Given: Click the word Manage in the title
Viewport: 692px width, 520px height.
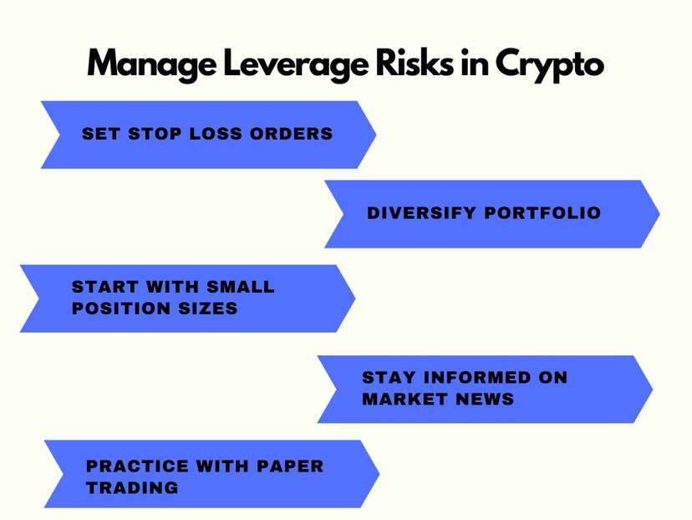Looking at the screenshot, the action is [144, 64].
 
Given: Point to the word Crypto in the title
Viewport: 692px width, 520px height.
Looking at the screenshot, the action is [548, 64].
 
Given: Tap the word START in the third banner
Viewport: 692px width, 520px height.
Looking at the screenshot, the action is [102, 287].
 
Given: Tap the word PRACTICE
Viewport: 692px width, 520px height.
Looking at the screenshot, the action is [136, 466].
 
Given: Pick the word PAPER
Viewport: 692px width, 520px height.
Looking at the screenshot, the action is [288, 466].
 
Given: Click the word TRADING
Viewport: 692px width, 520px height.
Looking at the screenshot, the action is [132, 488].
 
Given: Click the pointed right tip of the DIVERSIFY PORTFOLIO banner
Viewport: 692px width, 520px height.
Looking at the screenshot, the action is [658, 214].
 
